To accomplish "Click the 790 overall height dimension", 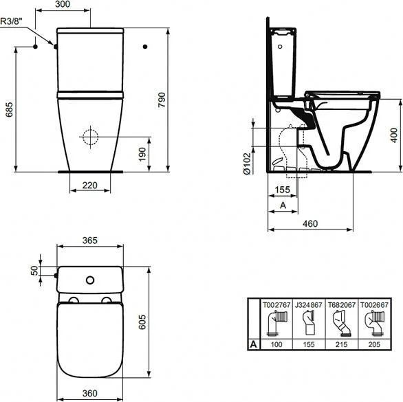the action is click(x=162, y=100).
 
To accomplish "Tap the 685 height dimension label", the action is click(x=10, y=110).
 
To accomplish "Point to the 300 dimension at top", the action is click(x=63, y=4).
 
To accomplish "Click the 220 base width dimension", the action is click(x=89, y=186).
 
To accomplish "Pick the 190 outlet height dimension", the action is click(x=142, y=155).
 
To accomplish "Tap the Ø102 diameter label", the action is click(x=247, y=164).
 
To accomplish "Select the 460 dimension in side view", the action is click(x=310, y=224).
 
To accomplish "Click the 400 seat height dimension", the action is click(x=394, y=135).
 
